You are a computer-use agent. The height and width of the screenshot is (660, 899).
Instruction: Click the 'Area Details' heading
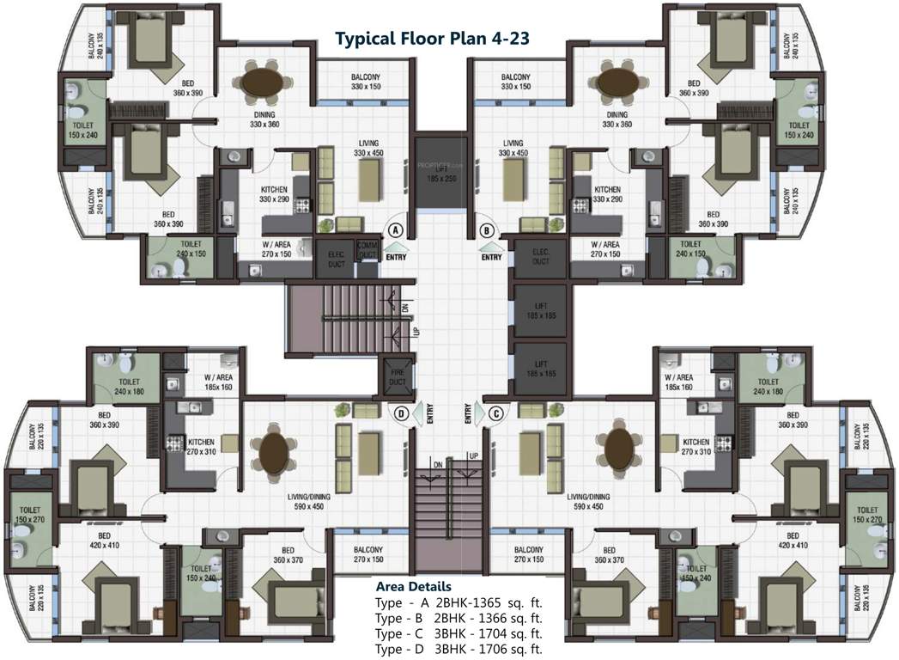click(x=414, y=586)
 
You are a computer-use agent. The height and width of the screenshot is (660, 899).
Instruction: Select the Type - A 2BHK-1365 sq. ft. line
click(x=459, y=602)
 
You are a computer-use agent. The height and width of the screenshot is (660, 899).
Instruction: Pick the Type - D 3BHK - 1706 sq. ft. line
click(x=459, y=650)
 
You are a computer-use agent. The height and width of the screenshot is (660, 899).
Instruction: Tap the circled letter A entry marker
click(x=396, y=230)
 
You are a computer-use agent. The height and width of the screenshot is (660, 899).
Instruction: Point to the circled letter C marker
click(x=495, y=413)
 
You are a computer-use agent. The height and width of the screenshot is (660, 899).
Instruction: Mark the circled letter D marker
click(x=400, y=413)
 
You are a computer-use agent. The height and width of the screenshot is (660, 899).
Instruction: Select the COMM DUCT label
click(x=367, y=249)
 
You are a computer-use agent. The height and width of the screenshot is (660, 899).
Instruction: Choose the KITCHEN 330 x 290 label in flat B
click(x=607, y=194)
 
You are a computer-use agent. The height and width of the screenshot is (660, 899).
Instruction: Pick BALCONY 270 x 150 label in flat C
click(x=528, y=555)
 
